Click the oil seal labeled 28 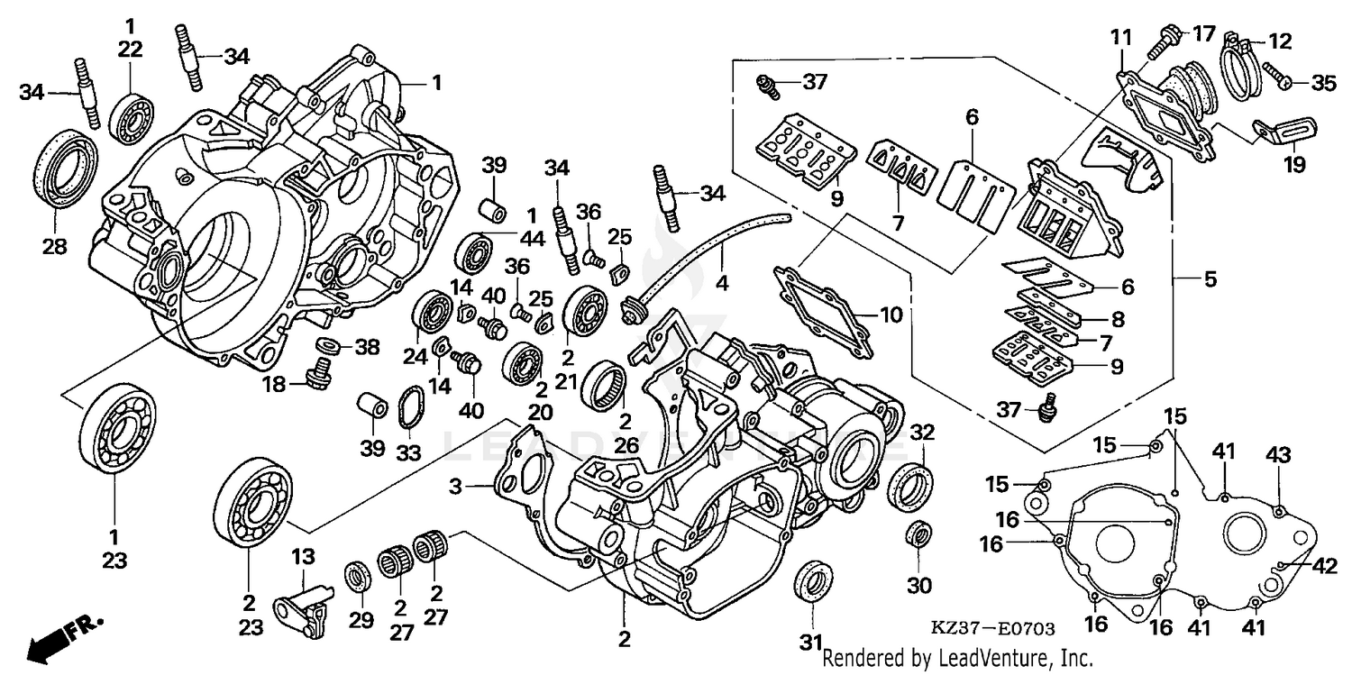coord(67,169)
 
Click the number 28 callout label coord(54,246)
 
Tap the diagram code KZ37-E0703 coord(994,627)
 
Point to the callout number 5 coord(1209,280)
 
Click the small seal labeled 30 coord(918,534)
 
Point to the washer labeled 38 coord(328,346)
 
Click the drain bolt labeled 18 coord(316,373)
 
